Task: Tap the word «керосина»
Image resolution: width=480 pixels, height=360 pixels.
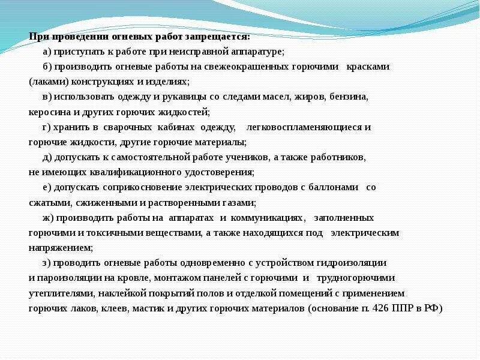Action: tap(49, 112)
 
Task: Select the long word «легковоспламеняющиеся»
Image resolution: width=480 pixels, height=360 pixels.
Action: tap(311, 127)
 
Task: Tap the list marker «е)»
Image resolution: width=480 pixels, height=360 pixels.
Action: tap(47, 187)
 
